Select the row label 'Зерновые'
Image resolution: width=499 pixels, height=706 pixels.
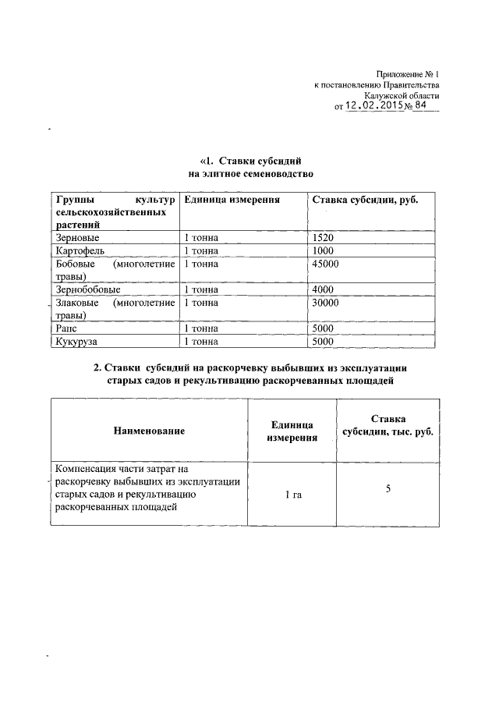click(78, 237)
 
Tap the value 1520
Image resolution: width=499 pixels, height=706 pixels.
click(322, 237)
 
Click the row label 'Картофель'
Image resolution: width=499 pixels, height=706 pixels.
click(81, 250)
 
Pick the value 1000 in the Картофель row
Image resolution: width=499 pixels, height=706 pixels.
click(322, 250)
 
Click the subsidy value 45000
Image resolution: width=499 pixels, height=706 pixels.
click(325, 264)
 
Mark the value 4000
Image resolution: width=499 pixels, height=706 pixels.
click(322, 289)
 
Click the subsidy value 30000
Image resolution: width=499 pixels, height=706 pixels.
click(325, 303)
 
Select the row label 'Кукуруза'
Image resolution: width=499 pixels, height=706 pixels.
click(80, 342)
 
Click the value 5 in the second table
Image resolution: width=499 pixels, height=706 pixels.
click(388, 489)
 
